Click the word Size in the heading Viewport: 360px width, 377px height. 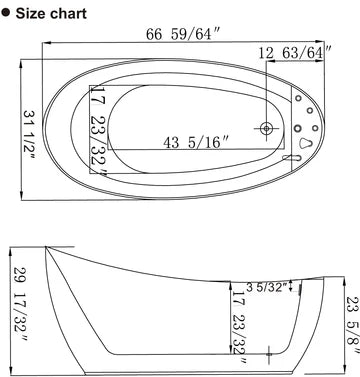34,14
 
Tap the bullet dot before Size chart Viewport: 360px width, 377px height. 6,14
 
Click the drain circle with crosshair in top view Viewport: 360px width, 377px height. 267,129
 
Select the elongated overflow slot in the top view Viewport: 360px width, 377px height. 288,157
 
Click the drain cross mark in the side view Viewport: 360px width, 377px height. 269,353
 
